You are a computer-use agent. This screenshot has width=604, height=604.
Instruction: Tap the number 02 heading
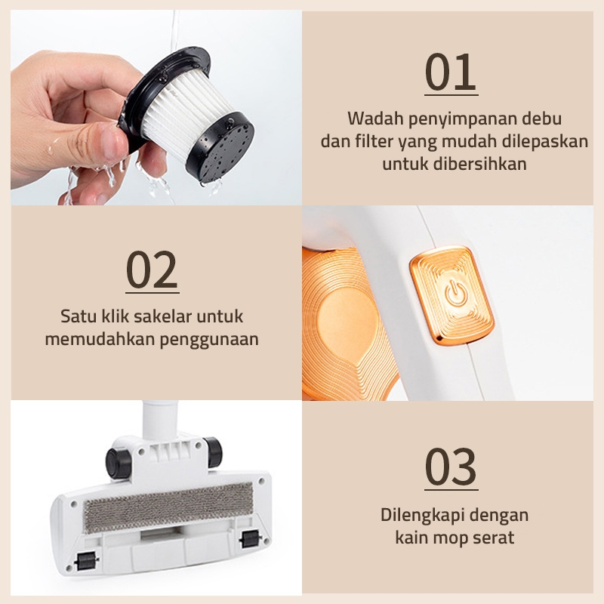click(x=152, y=270)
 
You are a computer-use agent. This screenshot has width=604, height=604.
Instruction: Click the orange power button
click(x=452, y=294)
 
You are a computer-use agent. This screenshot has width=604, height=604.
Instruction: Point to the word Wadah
click(x=372, y=119)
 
